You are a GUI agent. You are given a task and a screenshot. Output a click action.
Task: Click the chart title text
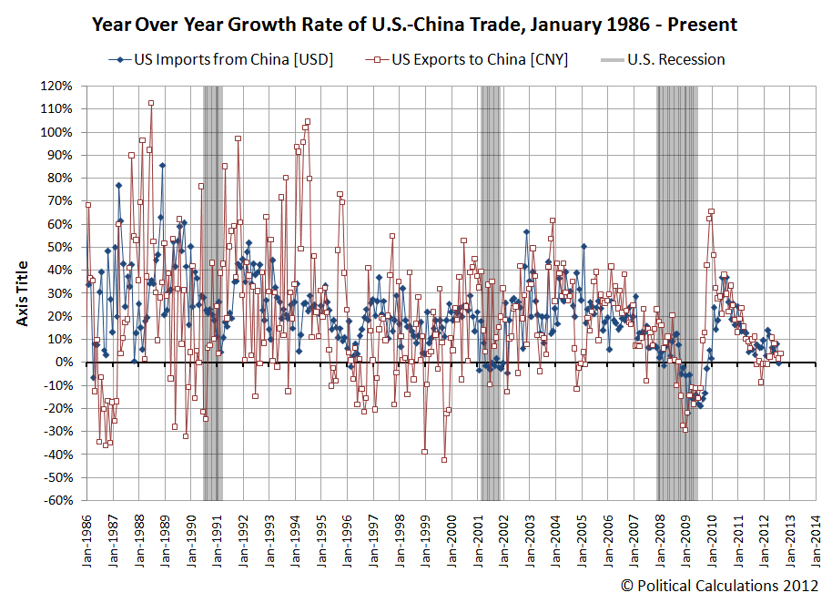pos(415,25)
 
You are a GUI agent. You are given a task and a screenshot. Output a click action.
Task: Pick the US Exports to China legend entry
pos(470,60)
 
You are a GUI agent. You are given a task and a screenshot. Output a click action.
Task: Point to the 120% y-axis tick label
pos(56,86)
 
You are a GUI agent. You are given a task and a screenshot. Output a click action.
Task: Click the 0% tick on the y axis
pos(64,363)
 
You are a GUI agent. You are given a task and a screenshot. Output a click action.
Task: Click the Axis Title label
pos(23,293)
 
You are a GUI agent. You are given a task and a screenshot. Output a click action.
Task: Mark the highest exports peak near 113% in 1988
pos(151,103)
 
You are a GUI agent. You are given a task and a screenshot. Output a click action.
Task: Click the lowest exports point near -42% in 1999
pos(444,460)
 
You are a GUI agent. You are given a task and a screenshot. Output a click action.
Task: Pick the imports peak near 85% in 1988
pos(162,166)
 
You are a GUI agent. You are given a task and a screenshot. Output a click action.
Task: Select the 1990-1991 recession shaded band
pos(212,291)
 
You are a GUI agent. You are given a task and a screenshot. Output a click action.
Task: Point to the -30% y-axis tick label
pos(56,432)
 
